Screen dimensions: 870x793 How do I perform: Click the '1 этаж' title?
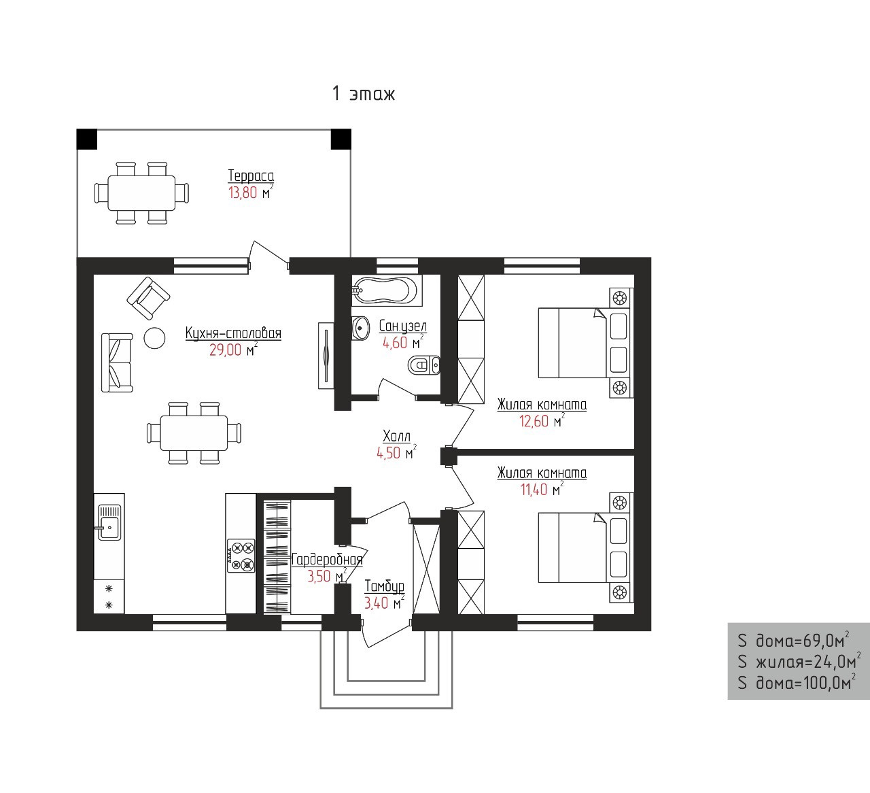(364, 94)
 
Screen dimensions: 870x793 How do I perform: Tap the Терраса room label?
(251, 175)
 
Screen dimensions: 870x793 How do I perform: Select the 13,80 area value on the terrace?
(243, 192)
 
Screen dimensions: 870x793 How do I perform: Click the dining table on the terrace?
(141, 193)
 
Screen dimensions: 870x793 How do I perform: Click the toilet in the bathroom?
(424, 365)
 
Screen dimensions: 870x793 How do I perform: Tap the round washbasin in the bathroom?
(360, 328)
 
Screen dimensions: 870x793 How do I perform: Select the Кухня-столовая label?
(233, 333)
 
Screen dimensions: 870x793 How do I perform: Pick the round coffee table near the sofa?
(154, 338)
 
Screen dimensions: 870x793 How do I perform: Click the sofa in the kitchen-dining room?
(117, 363)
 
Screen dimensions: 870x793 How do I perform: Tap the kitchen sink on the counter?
(109, 522)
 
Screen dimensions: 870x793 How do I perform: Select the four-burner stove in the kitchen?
(241, 556)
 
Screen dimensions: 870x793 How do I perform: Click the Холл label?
(396, 436)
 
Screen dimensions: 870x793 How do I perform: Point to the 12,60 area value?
(534, 421)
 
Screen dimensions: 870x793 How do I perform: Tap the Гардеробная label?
(327, 560)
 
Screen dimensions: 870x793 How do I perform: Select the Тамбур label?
(384, 586)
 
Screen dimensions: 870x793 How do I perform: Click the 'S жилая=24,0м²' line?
(799, 662)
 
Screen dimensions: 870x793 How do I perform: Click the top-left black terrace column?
(87, 139)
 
